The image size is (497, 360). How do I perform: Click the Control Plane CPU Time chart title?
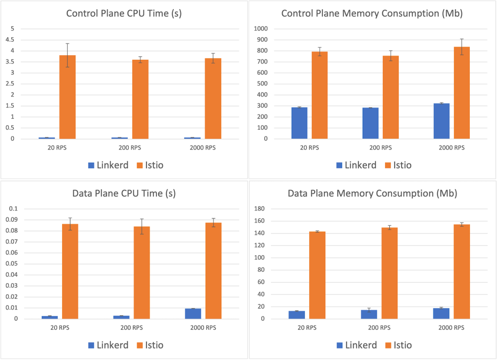[124, 13]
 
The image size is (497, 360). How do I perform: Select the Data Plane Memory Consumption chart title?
[372, 193]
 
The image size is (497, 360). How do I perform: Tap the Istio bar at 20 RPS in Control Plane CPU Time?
[68, 97]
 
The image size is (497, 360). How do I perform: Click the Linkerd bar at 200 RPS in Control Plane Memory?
[370, 123]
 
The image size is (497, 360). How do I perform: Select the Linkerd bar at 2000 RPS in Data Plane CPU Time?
[193, 314]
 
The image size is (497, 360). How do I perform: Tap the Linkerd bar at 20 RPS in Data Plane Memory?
[297, 315]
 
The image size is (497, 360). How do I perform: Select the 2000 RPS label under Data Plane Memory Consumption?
[451, 328]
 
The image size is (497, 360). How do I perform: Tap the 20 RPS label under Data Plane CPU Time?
[58, 328]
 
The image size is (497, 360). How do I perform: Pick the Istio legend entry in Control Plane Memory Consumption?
[395, 165]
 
